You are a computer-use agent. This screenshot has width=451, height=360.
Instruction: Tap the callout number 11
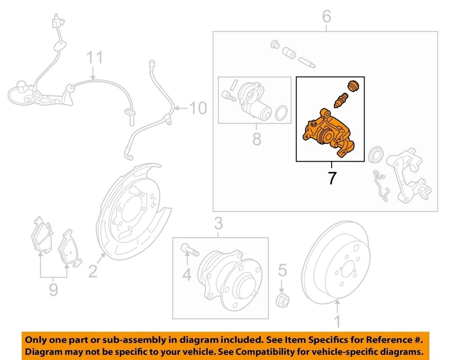tap(93, 59)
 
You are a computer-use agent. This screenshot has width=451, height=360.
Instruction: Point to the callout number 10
tap(198, 109)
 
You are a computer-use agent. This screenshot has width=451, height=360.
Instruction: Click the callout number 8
tap(256, 139)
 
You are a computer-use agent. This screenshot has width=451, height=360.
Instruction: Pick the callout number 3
tap(218, 224)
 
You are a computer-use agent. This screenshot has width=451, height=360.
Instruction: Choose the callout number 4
tap(187, 274)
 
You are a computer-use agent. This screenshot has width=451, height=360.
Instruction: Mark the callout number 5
tap(282, 270)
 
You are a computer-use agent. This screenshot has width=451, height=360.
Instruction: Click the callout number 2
tap(93, 271)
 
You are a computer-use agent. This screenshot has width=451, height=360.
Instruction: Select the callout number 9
tap(53, 289)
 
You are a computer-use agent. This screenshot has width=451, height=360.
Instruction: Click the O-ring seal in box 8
tap(280, 113)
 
